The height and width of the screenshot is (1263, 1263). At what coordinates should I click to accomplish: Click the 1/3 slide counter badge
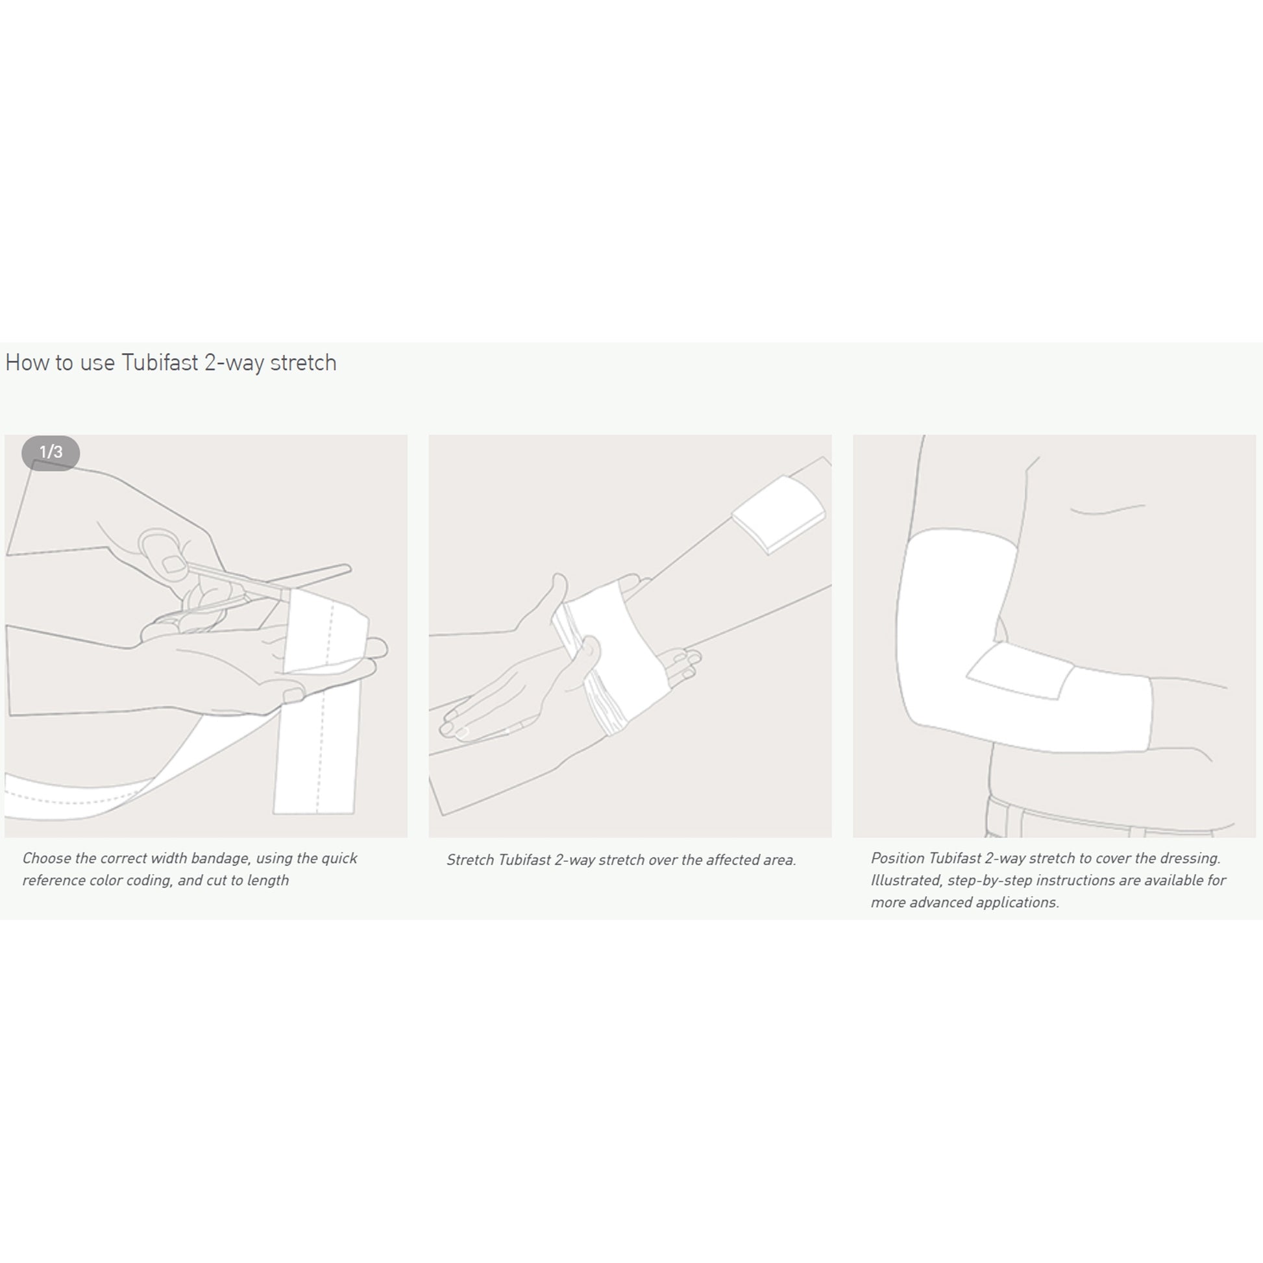[x=51, y=452]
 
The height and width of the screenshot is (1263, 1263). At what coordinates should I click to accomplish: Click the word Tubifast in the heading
[x=160, y=362]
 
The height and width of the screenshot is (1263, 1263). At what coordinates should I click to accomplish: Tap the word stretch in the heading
[x=303, y=363]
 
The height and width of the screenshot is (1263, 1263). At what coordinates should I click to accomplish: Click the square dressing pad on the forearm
[x=779, y=514]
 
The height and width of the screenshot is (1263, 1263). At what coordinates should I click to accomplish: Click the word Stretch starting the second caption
[x=470, y=861]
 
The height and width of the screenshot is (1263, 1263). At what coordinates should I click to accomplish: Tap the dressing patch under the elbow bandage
[x=1020, y=670]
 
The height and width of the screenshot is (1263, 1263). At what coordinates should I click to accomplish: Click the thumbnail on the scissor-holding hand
[x=173, y=564]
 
